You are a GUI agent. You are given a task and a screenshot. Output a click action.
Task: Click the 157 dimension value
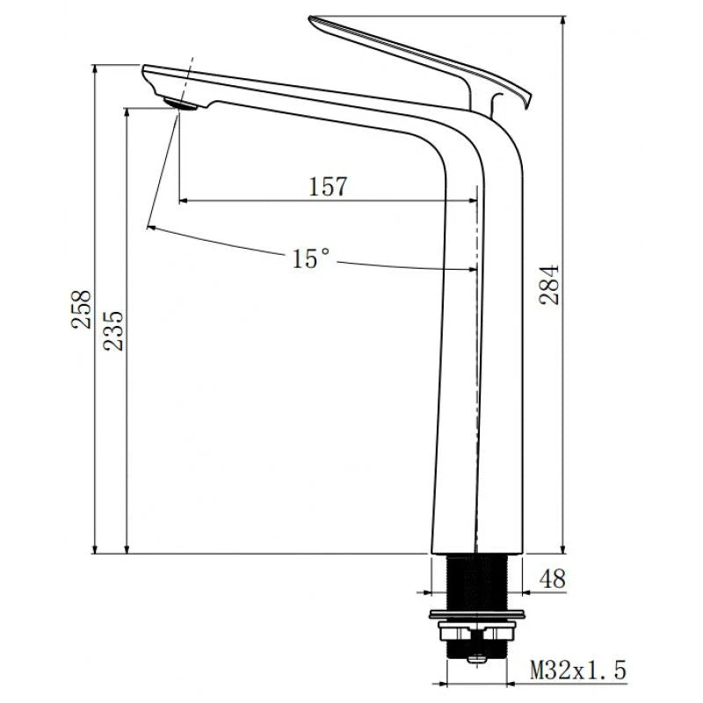[x=328, y=186]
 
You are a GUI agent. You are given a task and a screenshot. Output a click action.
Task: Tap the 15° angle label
[x=311, y=258]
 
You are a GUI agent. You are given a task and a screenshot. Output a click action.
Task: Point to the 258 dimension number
[x=82, y=310]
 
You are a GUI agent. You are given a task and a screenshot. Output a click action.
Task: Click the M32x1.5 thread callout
[x=577, y=672]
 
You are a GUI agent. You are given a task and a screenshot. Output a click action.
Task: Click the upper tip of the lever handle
[x=315, y=19]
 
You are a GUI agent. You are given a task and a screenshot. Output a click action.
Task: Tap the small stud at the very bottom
[x=477, y=658]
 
